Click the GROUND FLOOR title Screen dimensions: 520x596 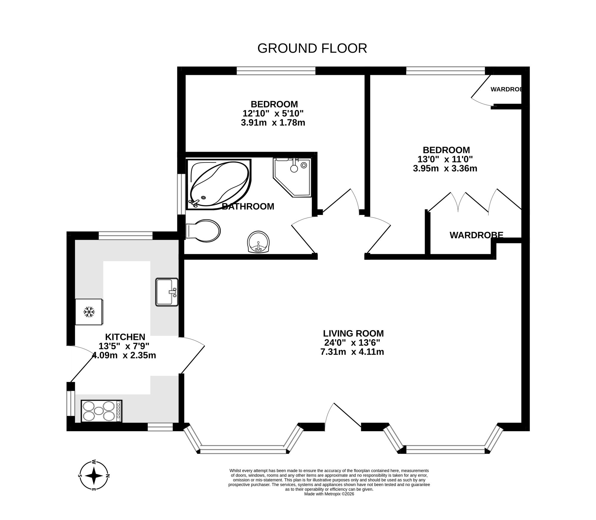pyautogui.click(x=312, y=48)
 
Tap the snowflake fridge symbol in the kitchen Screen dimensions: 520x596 pyautogui.click(x=89, y=312)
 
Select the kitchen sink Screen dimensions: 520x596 pyautogui.click(x=167, y=292)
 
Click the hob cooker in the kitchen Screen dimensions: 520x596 pyautogui.click(x=101, y=411)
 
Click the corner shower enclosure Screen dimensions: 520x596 pyautogui.click(x=293, y=176)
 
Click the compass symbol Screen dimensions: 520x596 pyautogui.click(x=94, y=476)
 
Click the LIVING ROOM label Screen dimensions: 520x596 pyautogui.click(x=353, y=333)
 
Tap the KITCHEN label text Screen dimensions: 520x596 pyautogui.click(x=125, y=337)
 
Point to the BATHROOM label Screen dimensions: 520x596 pyautogui.click(x=248, y=206)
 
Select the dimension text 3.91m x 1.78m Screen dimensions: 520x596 pyautogui.click(x=273, y=123)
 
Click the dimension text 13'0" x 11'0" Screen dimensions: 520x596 pyautogui.click(x=446, y=159)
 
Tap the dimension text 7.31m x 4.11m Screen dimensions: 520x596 pyautogui.click(x=352, y=352)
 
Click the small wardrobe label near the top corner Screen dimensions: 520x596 pyautogui.click(x=506, y=89)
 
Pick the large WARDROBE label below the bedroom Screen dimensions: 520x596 pyautogui.click(x=476, y=235)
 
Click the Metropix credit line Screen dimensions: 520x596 pyautogui.click(x=329, y=502)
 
